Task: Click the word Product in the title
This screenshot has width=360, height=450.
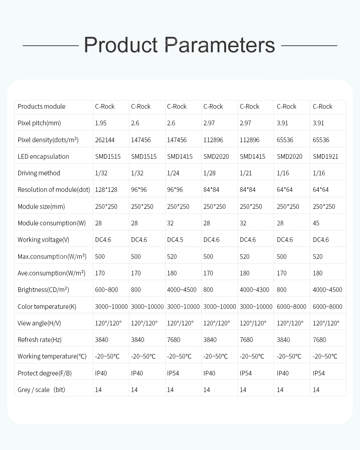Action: [121, 45]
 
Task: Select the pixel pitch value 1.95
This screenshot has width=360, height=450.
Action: [101, 123]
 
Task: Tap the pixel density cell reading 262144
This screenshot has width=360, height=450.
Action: [105, 140]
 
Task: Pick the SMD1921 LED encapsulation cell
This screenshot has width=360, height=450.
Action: [325, 157]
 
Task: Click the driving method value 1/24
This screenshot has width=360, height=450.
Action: [173, 173]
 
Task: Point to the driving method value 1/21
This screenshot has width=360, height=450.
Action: [246, 173]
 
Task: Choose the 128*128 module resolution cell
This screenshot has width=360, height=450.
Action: [106, 190]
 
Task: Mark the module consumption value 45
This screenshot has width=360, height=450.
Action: [316, 223]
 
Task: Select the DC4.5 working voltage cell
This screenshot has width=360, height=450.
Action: [175, 240]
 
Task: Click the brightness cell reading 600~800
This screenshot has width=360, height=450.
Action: [107, 290]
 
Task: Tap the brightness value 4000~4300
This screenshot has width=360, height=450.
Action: [255, 290]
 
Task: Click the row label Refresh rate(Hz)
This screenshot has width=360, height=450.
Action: [40, 340]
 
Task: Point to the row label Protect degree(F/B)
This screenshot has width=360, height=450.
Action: [45, 373]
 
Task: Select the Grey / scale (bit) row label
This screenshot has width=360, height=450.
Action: [41, 390]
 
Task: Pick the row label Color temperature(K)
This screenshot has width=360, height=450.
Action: [47, 307]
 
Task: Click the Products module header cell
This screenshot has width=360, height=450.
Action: [41, 107]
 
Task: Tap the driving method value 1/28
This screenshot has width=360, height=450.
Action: [210, 173]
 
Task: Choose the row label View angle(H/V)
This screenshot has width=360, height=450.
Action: [39, 323]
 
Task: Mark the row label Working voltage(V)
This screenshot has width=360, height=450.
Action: [43, 240]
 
